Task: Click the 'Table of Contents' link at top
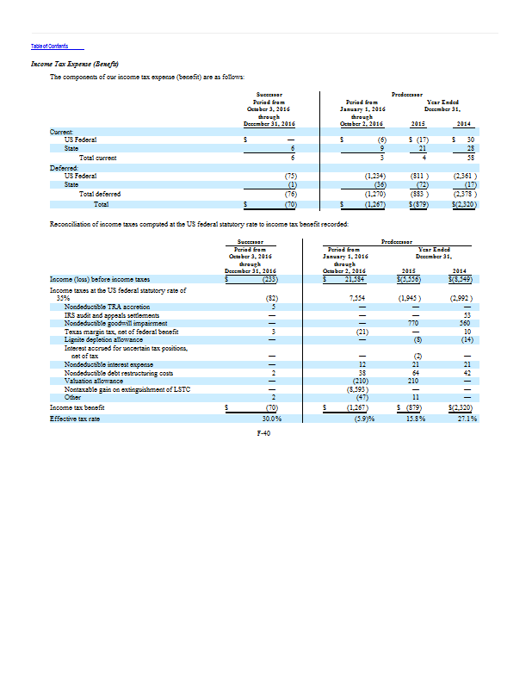[x=49, y=47]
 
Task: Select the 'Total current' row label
[x=97, y=158]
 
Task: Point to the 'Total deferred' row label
[x=99, y=194]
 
